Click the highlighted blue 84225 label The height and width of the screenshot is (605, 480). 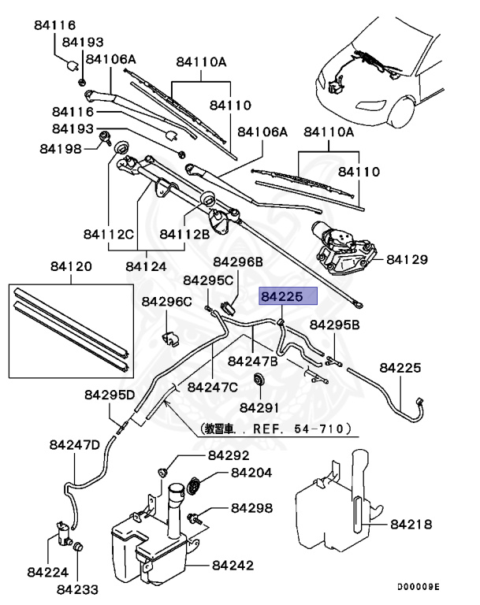point(288,296)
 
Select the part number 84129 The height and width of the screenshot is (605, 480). point(407,259)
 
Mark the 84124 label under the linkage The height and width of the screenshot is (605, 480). point(146,266)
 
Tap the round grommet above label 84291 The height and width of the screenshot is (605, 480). point(258,381)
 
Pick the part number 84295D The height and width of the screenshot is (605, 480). point(110,394)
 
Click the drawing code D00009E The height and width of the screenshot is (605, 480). point(418,587)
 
